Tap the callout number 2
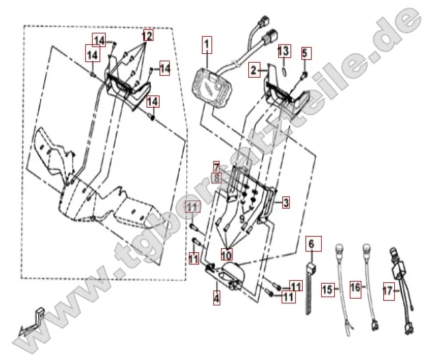[254, 70]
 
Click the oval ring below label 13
[284, 67]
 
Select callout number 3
[286, 202]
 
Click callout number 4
[216, 297]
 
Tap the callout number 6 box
[312, 243]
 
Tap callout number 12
[147, 34]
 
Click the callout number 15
[327, 289]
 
